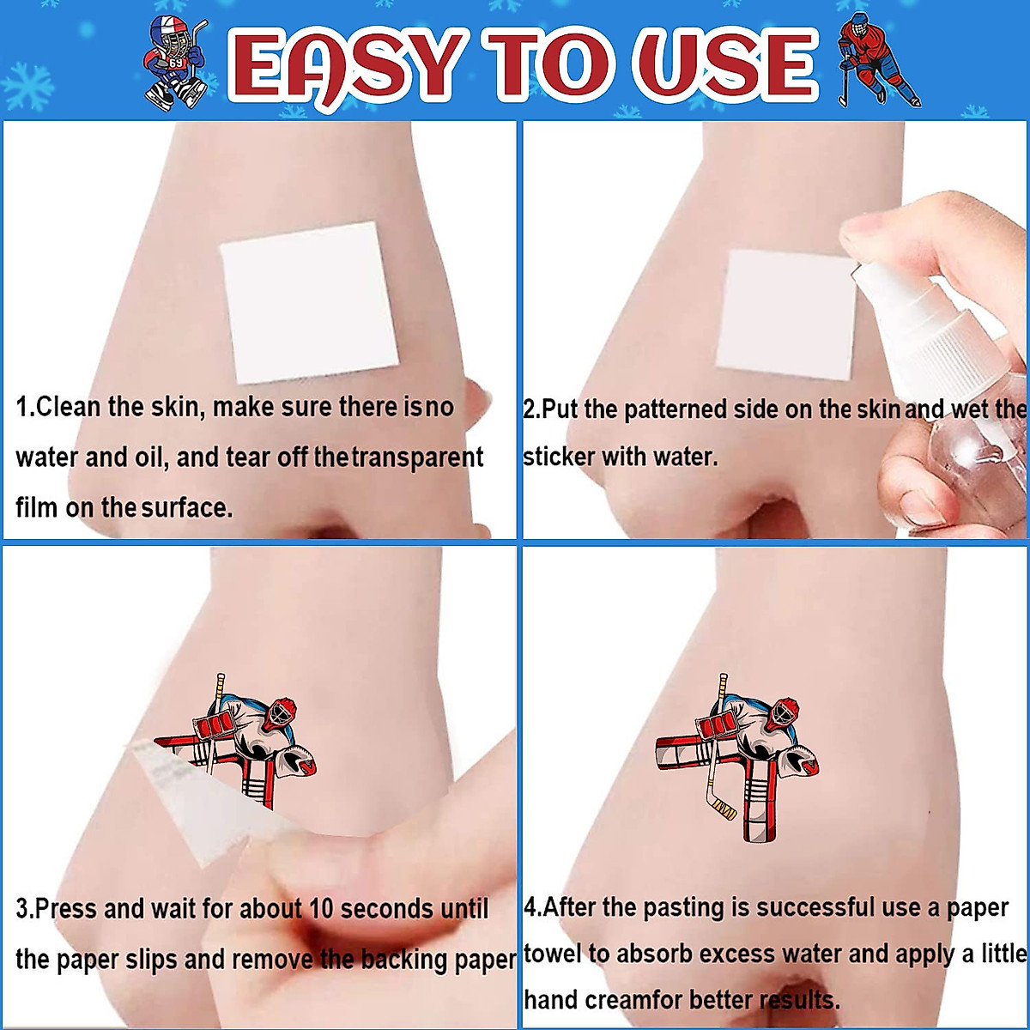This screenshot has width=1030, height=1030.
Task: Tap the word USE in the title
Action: (x=724, y=65)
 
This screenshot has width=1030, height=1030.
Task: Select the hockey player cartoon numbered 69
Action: (x=175, y=63)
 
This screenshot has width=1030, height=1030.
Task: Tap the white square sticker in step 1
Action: (x=310, y=302)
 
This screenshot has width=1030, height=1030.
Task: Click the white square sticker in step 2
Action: (x=785, y=315)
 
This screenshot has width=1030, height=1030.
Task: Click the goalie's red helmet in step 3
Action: (x=282, y=713)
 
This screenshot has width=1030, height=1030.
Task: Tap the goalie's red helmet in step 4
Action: (x=785, y=713)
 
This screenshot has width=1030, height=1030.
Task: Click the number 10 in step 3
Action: (x=321, y=909)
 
